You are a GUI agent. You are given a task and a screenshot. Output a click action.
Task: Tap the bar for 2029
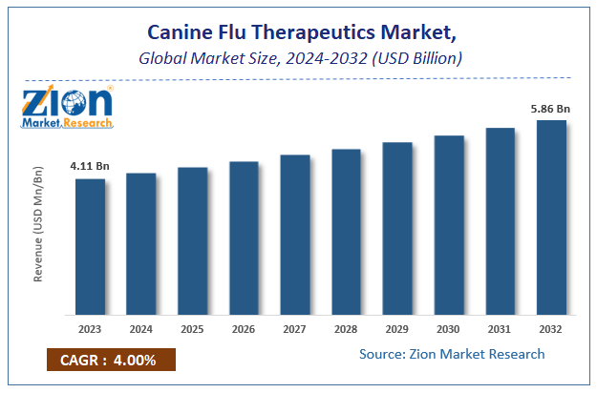tap(397, 228)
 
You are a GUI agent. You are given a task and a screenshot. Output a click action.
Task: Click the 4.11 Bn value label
tap(90, 166)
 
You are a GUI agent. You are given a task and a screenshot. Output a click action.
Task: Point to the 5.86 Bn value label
tap(551, 108)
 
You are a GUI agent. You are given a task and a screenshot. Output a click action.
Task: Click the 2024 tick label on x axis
tap(141, 329)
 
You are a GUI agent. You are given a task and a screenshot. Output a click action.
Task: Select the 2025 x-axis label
tap(192, 329)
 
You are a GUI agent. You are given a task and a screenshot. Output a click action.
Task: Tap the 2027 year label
tap(295, 329)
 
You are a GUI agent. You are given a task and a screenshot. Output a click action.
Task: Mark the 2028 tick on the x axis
tap(346, 329)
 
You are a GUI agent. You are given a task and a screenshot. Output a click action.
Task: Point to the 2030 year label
tap(449, 329)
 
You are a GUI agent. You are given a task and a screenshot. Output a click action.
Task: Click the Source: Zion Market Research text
tap(452, 354)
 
